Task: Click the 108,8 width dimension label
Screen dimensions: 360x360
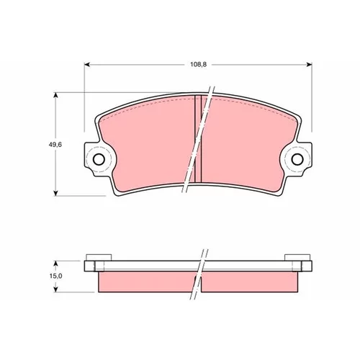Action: (198, 65)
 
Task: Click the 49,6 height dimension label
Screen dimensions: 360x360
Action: (55, 145)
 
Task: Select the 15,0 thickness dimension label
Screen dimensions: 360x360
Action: (56, 276)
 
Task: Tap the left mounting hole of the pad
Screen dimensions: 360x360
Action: (99, 159)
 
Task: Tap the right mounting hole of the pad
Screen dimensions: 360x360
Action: (297, 159)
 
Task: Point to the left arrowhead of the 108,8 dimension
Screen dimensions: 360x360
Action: (87, 65)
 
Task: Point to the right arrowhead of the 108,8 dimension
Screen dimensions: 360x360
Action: (309, 65)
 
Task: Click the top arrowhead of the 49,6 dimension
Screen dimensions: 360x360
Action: (55, 96)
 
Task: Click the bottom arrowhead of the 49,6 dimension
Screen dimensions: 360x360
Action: (55, 193)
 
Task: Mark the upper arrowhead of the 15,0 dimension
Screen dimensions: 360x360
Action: (55, 264)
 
